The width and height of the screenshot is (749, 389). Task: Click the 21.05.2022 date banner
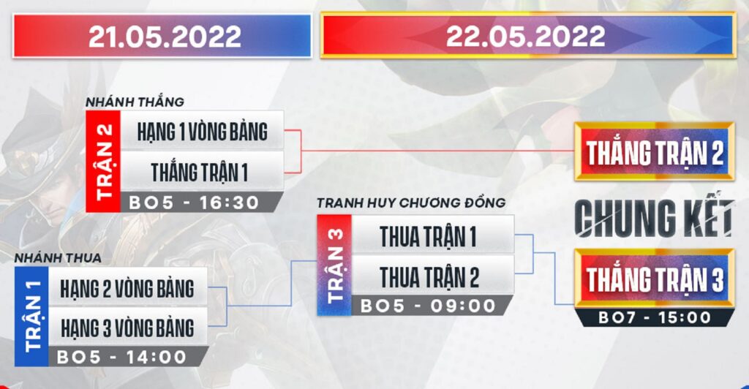164,36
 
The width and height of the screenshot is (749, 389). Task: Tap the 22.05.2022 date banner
527,35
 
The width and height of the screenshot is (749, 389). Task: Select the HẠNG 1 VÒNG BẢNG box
202,132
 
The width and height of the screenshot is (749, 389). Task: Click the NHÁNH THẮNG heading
135,102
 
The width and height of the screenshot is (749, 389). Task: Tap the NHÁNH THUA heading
57,258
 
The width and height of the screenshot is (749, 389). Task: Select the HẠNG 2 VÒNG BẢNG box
127,288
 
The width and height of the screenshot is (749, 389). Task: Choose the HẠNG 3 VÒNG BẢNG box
127,328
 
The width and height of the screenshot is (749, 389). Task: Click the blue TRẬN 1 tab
31,317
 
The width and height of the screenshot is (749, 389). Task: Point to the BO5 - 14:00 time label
121,358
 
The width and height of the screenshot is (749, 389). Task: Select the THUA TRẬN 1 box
429,236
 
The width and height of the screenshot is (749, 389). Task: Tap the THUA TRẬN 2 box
429,277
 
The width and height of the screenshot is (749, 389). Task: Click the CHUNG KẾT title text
654,218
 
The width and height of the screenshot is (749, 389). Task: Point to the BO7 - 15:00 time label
654,317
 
